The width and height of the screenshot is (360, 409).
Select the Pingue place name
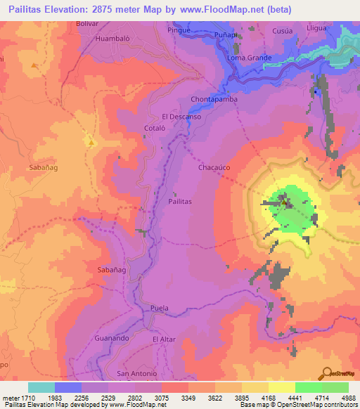click(x=179, y=31)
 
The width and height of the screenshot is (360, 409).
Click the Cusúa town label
click(x=282, y=31)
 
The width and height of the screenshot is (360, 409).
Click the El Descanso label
click(x=181, y=117)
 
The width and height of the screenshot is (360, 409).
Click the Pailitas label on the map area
click(x=180, y=201)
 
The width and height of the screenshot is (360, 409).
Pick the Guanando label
click(x=110, y=339)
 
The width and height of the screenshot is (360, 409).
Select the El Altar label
click(x=163, y=339)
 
